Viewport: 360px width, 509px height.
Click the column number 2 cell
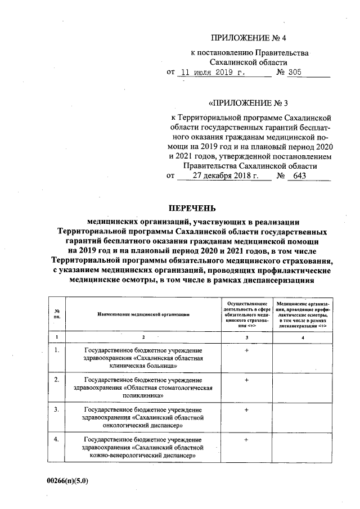click(143, 336)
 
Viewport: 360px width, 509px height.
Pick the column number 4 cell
click(303, 336)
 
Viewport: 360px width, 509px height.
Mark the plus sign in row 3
click(246, 409)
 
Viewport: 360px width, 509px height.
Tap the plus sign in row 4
click(246, 439)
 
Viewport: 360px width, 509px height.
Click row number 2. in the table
click(57, 380)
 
